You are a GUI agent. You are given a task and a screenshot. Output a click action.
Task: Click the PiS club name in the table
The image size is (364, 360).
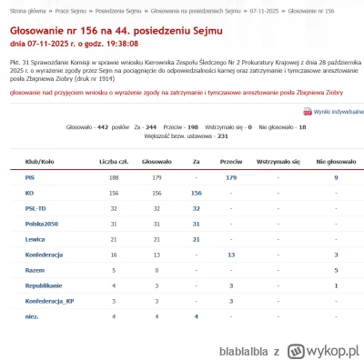[x=30, y=177]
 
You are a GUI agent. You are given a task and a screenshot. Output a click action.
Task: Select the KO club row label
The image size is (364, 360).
[x=29, y=193]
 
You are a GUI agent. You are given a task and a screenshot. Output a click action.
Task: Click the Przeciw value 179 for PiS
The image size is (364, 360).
[x=231, y=177]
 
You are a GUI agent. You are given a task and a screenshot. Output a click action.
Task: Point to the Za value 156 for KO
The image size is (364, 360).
[x=196, y=193]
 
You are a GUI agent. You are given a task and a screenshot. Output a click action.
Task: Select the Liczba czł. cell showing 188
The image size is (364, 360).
[x=115, y=177]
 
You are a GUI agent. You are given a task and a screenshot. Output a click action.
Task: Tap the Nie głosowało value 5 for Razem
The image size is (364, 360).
[x=336, y=269]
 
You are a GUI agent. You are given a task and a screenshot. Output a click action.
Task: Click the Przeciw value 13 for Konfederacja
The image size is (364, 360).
[x=231, y=254]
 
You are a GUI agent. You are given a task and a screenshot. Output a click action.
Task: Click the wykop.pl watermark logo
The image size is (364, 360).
[x=318, y=349]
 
